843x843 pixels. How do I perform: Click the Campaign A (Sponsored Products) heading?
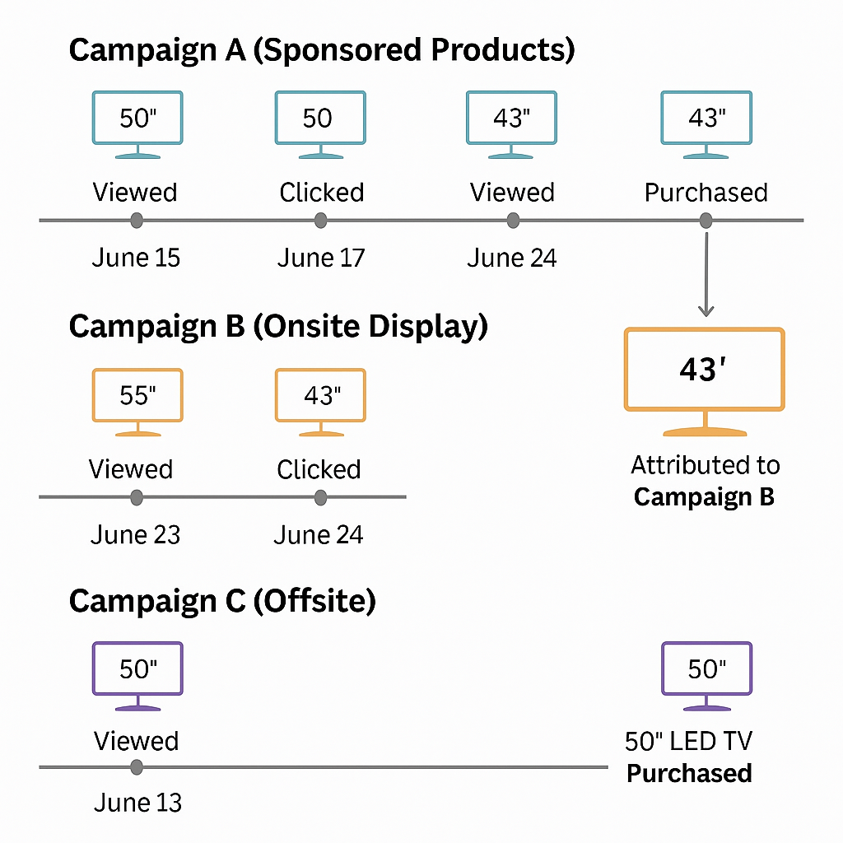pos(322,50)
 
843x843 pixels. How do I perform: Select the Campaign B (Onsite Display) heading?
pos(278,327)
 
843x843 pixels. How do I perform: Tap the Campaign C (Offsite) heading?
pos(222,601)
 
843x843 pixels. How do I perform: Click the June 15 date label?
pos(136,258)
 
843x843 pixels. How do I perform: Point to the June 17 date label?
pos(320,258)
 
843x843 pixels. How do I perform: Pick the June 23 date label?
pos(135,535)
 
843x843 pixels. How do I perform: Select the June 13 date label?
pos(137,802)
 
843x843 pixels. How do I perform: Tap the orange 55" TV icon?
pos(137,401)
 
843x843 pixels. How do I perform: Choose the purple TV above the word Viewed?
pos(137,675)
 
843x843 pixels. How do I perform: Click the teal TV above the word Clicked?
pos(319,123)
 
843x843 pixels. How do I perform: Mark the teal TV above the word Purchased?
pos(706,123)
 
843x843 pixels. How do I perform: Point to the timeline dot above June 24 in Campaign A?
pos(513,221)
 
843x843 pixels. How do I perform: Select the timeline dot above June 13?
pos(137,767)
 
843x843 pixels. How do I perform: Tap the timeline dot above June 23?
pos(137,497)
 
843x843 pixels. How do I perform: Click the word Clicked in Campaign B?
pos(319,469)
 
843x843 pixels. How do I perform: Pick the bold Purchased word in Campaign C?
pos(689,773)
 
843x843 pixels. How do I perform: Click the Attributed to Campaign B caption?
pos(705,482)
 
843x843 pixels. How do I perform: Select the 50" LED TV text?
pos(688,742)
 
